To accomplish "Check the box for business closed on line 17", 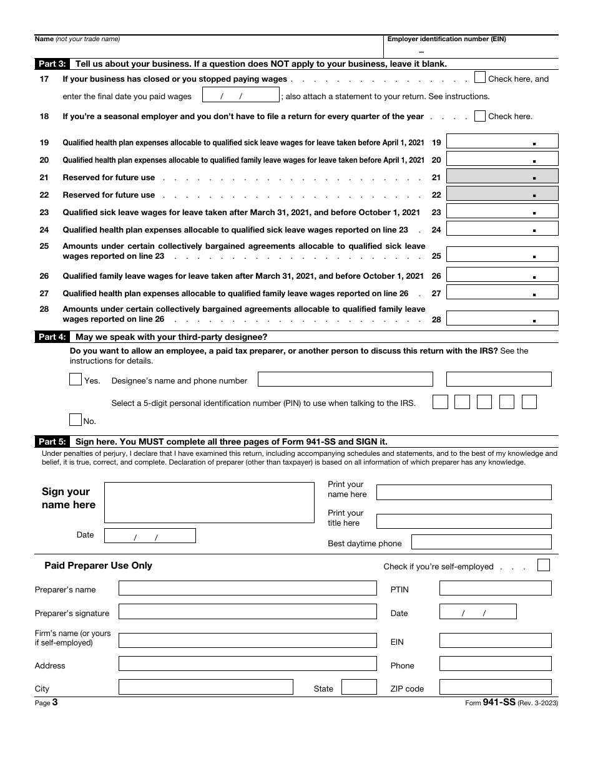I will coord(480,78).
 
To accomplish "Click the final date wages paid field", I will coord(241,95).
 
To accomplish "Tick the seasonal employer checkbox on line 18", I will coord(480,116).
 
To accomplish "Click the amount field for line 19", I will coord(502,142).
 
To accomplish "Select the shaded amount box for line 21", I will coord(502,176).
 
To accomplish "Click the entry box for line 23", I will coord(502,211).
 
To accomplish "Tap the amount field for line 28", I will coord(502,318).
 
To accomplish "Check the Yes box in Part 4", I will coord(76,379).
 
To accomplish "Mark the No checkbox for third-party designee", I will coord(76,420).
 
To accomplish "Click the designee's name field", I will coord(345,379).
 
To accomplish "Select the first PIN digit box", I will coord(440,402).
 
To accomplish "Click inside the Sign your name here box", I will coord(209,502).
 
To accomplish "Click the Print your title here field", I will coord(464,521).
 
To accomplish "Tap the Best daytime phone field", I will coord(481,543).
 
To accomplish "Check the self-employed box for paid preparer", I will coord(544,565).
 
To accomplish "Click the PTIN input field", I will coord(495,588).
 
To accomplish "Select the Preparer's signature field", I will coord(247,612).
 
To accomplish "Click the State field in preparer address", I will coord(359,687).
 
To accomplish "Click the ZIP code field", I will coord(495,687).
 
